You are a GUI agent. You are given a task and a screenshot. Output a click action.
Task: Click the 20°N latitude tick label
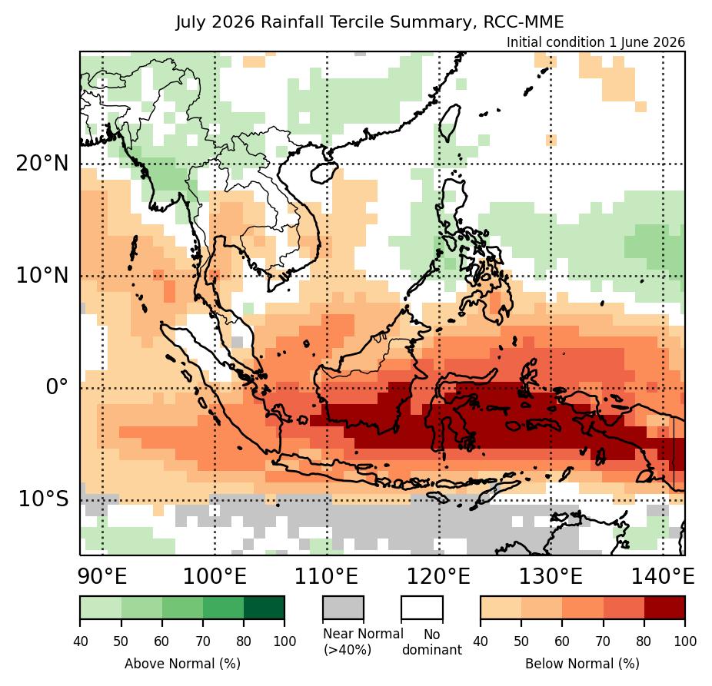click(42, 164)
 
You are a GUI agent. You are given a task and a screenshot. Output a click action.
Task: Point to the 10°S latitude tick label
click(44, 499)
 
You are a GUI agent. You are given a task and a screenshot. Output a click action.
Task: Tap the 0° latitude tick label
click(57, 387)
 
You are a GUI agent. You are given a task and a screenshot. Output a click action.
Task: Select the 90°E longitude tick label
click(102, 577)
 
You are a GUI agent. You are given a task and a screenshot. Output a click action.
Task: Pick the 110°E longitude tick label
click(327, 577)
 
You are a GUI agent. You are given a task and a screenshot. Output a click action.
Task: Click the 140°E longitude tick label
click(663, 577)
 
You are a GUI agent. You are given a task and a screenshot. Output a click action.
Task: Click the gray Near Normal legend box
click(343, 608)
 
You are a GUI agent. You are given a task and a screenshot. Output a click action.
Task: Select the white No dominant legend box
click(422, 608)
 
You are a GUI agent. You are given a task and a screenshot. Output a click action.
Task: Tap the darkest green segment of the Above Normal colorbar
click(265, 608)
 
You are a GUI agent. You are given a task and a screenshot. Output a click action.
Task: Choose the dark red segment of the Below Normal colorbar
click(665, 608)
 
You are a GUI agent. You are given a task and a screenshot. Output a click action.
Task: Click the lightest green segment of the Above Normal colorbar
click(101, 608)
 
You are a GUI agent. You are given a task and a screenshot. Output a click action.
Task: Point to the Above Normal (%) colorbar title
click(182, 664)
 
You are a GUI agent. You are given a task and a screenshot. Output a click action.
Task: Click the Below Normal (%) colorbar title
click(583, 664)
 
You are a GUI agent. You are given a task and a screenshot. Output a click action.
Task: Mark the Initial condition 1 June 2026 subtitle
click(596, 42)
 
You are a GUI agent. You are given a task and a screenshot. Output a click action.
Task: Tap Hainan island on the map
click(324, 173)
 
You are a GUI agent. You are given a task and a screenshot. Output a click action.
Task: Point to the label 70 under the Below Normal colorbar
click(603, 641)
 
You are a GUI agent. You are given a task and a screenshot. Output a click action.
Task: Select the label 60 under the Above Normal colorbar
click(161, 641)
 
